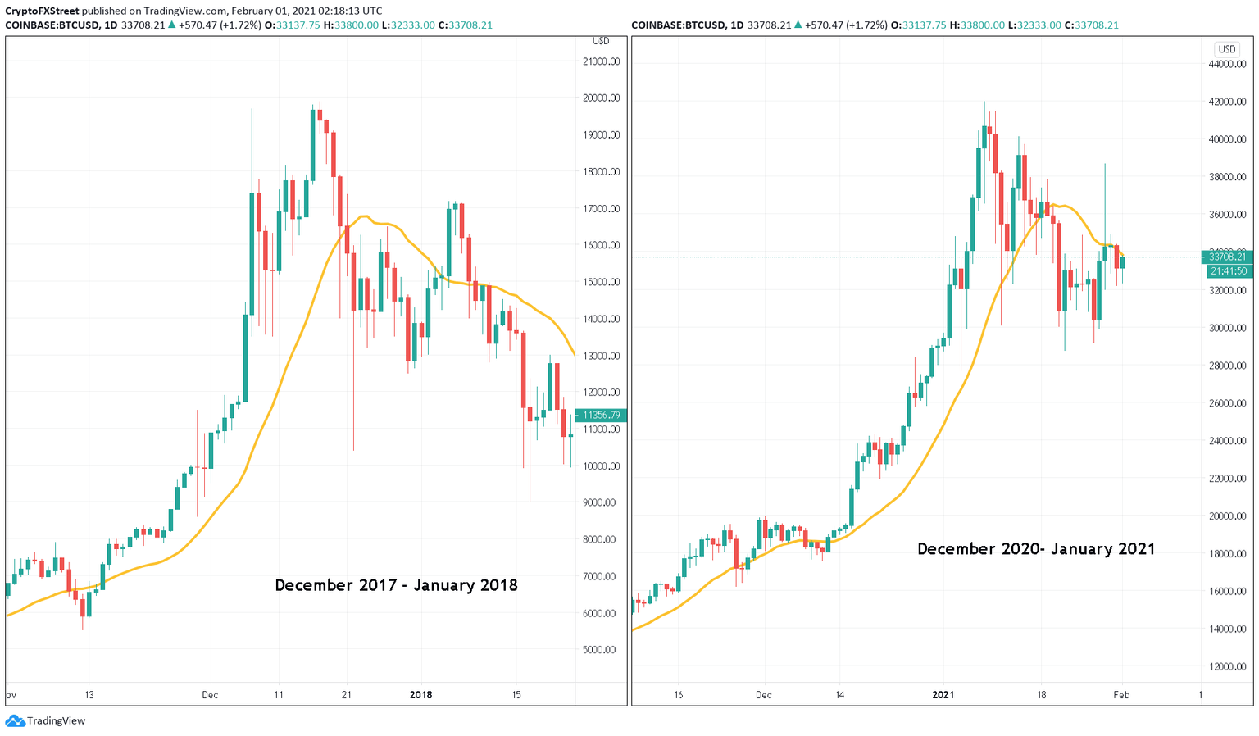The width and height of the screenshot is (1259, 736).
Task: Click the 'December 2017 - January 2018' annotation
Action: pos(396,585)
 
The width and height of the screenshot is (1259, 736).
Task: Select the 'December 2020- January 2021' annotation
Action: pos(1036,549)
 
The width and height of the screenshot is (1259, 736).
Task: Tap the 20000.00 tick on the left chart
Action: pos(601,98)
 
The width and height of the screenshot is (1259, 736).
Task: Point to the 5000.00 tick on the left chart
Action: pos(601,650)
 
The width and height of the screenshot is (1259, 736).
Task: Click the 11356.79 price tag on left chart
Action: pos(601,416)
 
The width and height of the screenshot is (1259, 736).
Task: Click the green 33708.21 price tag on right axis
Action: pos(1227,257)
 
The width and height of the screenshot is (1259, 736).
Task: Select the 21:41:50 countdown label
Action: pos(1227,271)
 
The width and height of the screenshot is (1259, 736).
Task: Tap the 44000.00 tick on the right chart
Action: pos(1227,64)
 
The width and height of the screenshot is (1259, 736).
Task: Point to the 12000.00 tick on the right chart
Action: pos(1227,666)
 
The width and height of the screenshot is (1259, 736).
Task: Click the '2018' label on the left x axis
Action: pos(420,695)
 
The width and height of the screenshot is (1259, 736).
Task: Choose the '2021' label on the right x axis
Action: pos(943,695)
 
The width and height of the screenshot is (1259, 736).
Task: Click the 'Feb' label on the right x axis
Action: pos(1121,695)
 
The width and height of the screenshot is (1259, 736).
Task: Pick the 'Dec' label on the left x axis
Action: pos(210,695)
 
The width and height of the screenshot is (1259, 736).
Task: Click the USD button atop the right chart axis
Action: pos(1226,49)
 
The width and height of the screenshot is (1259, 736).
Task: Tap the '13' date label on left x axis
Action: pos(89,695)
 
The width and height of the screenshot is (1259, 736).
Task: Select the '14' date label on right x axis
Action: pos(839,695)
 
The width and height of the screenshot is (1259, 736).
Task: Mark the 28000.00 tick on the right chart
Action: pos(1227,366)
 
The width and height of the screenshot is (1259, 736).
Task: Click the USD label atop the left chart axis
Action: pos(600,41)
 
